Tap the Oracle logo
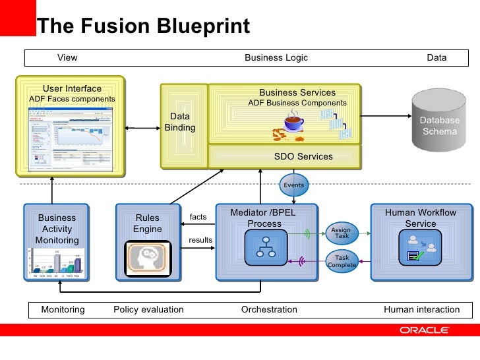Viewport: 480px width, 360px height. (424, 330)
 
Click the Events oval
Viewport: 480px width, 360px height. (293, 185)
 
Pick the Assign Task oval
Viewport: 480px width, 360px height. (342, 233)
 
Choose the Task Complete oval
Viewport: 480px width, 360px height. (342, 262)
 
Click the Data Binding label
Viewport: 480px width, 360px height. (179, 122)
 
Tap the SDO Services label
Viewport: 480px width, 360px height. (303, 156)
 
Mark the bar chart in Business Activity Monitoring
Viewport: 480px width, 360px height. (57, 263)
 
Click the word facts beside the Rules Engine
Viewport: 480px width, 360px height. (198, 217)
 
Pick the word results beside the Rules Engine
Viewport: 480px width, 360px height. (200, 240)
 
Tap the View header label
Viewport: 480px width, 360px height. (67, 58)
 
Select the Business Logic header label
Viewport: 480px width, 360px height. (276, 58)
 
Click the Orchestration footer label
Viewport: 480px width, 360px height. (269, 309)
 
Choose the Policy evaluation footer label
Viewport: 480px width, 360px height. (148, 309)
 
